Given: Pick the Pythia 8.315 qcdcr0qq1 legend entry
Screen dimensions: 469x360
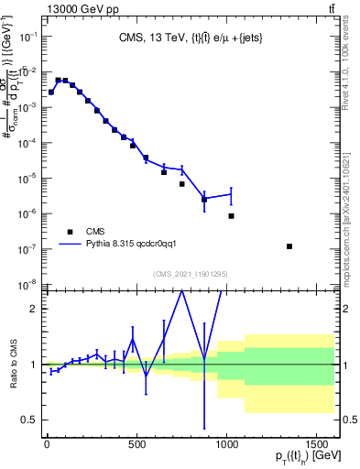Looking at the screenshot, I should (136, 245).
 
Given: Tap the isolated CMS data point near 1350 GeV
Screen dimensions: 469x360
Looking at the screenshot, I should (289, 246).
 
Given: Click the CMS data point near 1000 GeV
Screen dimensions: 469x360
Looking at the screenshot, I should (231, 216).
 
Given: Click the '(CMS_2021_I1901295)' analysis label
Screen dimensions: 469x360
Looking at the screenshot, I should (190, 274).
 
